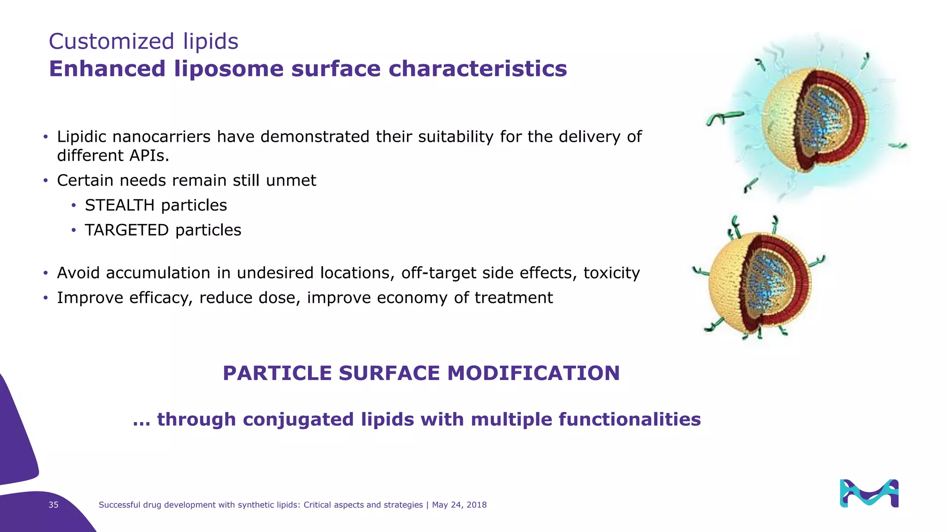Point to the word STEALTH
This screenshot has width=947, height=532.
[x=119, y=205]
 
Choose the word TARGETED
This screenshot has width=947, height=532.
[x=126, y=230]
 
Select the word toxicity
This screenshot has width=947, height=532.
[x=611, y=273]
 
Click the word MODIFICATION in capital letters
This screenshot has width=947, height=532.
[x=533, y=373]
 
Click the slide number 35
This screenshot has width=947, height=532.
[x=54, y=505]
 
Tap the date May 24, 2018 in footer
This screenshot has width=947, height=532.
[x=459, y=505]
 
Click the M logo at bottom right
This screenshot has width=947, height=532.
[x=869, y=493]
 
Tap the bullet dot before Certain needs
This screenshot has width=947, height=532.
[x=45, y=181]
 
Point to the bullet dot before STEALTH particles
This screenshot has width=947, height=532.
[x=74, y=206]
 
